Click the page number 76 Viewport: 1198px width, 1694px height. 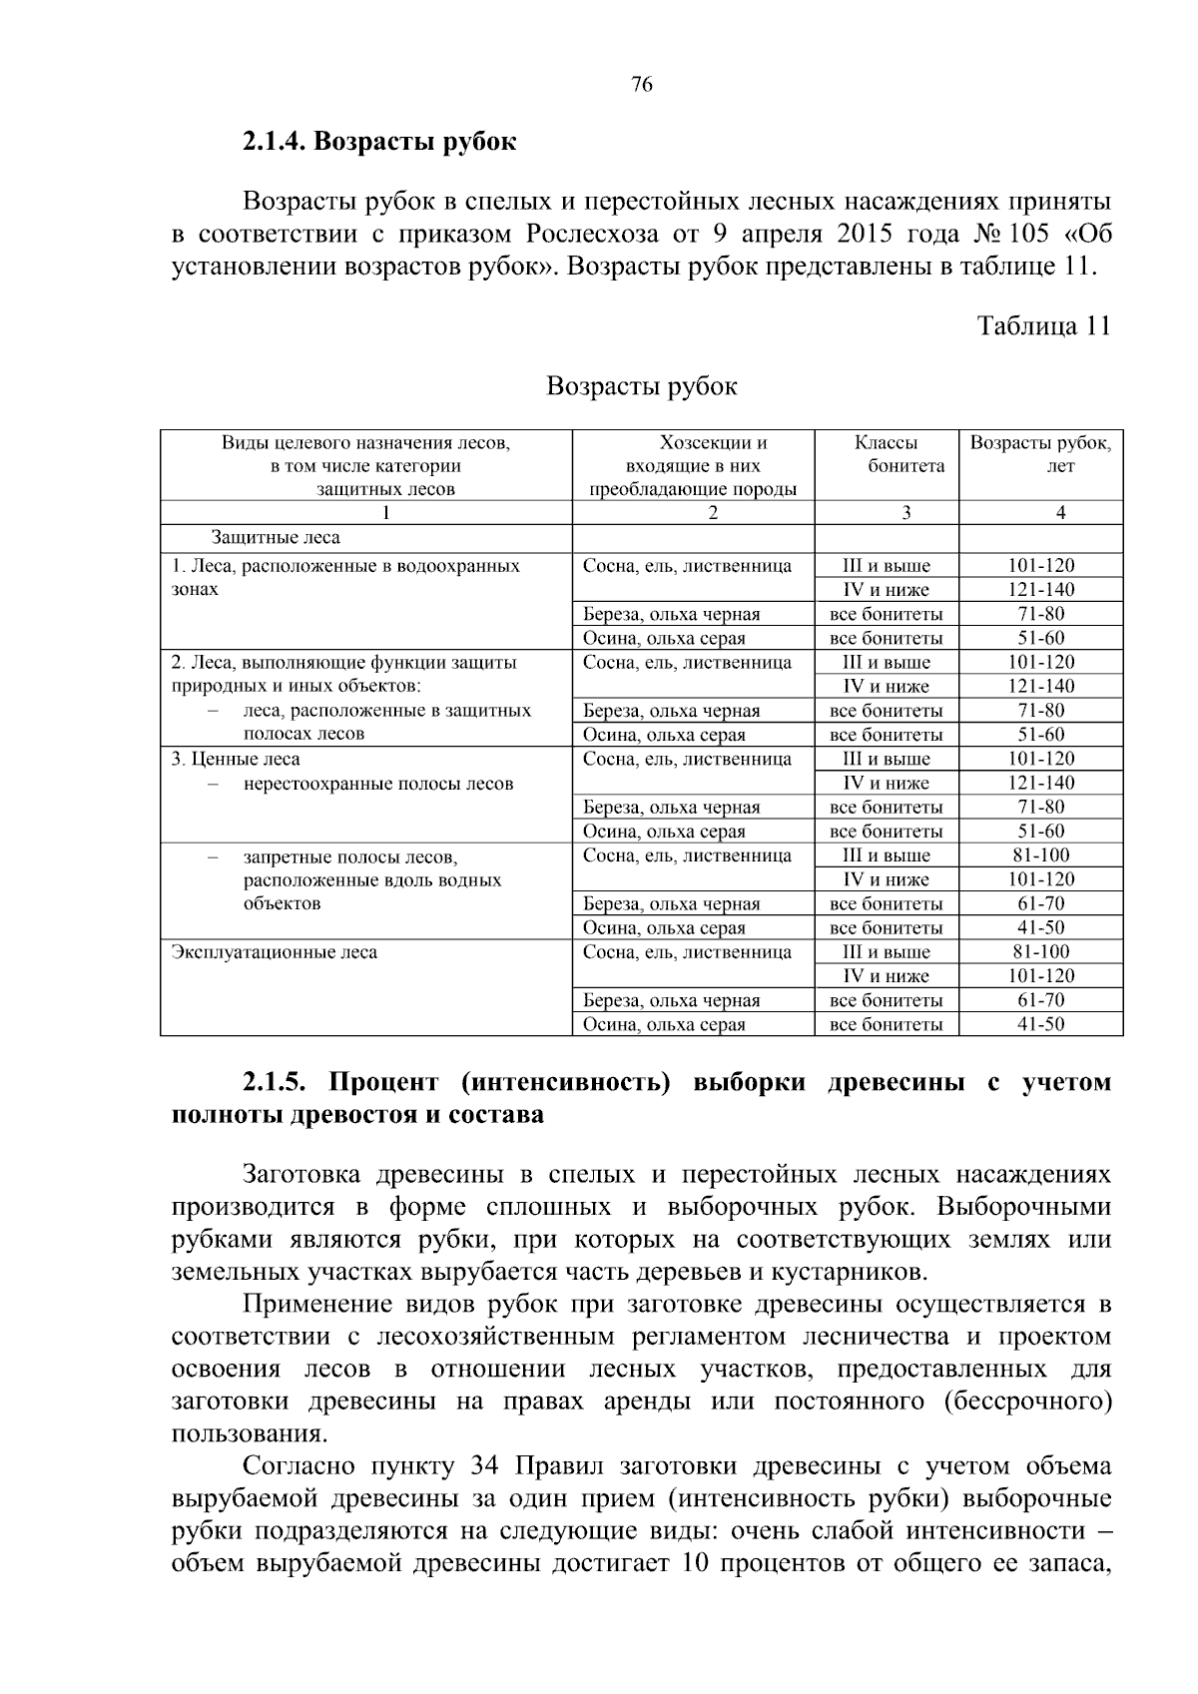(642, 85)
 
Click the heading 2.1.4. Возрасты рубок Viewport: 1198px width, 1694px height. (379, 142)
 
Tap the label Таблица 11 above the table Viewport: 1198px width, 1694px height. (1042, 326)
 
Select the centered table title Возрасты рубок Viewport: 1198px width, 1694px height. (642, 386)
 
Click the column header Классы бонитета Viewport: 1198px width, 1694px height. (886, 454)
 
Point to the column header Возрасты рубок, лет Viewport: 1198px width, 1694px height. (1040, 454)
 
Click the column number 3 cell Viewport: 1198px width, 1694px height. (905, 513)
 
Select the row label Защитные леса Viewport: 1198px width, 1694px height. (276, 538)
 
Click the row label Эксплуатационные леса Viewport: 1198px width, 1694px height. (275, 952)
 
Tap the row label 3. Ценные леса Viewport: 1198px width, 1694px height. (236, 759)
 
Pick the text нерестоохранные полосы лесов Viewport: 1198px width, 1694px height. (378, 784)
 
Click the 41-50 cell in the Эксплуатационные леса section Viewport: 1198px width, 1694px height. (1040, 1024)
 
